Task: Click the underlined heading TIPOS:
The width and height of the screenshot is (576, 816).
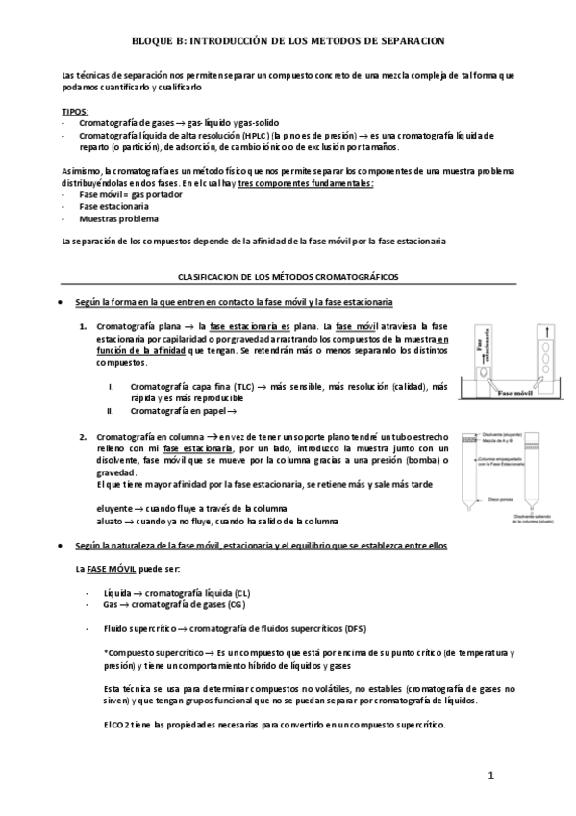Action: point(74,112)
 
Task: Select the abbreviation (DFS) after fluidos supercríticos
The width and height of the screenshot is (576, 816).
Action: point(354,627)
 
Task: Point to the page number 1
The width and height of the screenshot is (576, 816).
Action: point(490,776)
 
